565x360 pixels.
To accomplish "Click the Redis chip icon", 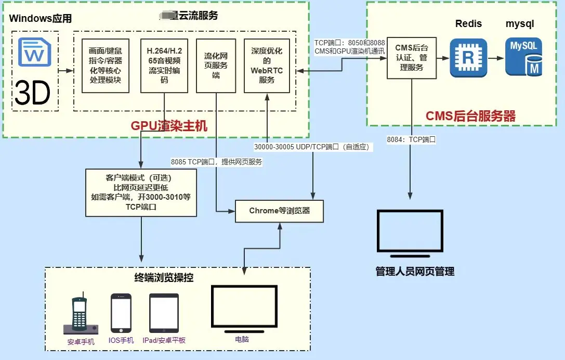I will pyautogui.click(x=468, y=58).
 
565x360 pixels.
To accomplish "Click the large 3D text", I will pyautogui.click(x=32, y=92).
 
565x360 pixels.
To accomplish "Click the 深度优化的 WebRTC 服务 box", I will pyautogui.click(x=267, y=66).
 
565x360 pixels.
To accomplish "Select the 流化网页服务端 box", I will pyautogui.click(x=216, y=66).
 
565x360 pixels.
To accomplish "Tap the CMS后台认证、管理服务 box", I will pyautogui.click(x=412, y=58).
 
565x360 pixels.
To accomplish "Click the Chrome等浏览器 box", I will pyautogui.click(x=280, y=211).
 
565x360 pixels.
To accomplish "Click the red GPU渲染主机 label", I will pyautogui.click(x=169, y=125).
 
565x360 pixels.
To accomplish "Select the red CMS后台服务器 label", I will pyautogui.click(x=470, y=116).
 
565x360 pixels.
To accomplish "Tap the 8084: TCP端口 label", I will pyautogui.click(x=411, y=139).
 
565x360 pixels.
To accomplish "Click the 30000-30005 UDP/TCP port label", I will pyautogui.click(x=312, y=147).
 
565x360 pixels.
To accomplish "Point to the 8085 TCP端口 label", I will pyautogui.click(x=216, y=162).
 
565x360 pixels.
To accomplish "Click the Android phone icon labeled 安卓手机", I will pyautogui.click(x=80, y=316).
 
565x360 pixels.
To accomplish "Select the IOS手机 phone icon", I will pyautogui.click(x=121, y=313).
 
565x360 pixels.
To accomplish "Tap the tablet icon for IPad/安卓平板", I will pyautogui.click(x=164, y=313).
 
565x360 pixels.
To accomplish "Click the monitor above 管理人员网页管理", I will pyautogui.click(x=411, y=234).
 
